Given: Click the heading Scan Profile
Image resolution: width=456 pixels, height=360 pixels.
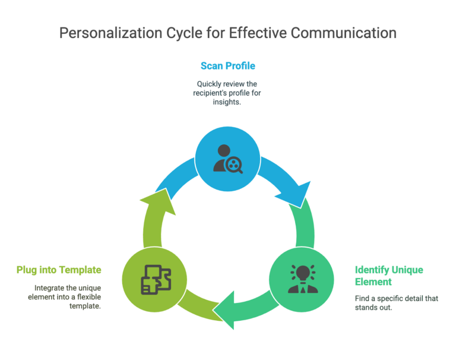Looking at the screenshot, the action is pos(228,66).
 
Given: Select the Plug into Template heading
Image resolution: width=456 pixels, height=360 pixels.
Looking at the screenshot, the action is pos(59,270).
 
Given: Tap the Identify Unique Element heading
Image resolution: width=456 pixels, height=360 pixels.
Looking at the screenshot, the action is pos(389,276).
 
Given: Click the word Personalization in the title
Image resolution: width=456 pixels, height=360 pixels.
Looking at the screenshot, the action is pos(111,33).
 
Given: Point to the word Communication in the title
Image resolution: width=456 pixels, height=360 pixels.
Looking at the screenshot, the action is pos(343,33).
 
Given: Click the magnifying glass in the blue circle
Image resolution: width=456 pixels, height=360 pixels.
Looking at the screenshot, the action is pos(235,165).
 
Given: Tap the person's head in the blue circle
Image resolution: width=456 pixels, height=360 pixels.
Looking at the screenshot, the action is pos(224,151).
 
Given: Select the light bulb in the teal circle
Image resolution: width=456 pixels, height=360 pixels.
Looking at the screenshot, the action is pos(303,274).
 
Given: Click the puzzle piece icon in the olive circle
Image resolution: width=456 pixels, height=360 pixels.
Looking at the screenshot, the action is pos(156,280).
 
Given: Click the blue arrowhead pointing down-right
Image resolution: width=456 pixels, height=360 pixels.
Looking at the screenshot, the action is pos(296,194).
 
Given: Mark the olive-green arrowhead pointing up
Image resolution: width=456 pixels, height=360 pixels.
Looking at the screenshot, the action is pos(161,201).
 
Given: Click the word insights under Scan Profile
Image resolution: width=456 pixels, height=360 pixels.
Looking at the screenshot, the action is pos(227,102).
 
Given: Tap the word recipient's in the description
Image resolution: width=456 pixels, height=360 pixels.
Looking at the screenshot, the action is pos(209,93).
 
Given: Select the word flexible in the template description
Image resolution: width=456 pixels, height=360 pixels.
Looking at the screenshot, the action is pos(89,297).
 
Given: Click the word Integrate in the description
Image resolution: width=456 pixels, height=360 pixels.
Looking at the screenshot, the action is pos(46,288).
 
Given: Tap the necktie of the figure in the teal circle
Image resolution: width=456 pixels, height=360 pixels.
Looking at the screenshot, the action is pos(303,289).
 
